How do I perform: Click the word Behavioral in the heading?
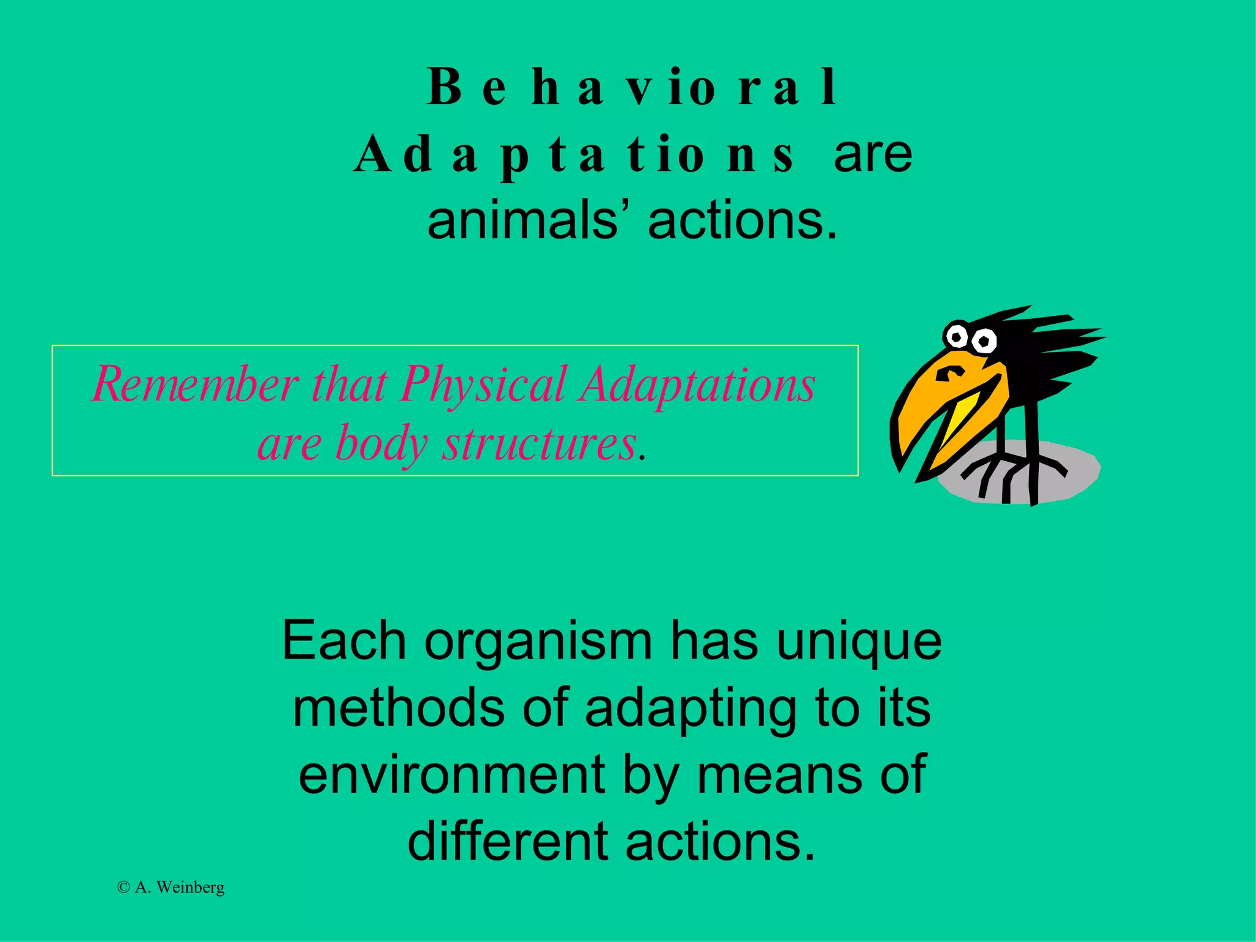[632, 87]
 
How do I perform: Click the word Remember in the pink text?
[195, 385]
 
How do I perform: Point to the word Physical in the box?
[483, 385]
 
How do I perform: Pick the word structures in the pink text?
[538, 443]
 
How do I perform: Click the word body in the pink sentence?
[381, 443]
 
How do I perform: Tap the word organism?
[538, 641]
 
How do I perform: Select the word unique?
[859, 641]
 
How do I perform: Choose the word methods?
[399, 708]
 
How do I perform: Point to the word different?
[507, 841]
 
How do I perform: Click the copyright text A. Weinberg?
[171, 887]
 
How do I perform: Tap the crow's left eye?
[955, 336]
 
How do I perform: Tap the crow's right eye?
[984, 341]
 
